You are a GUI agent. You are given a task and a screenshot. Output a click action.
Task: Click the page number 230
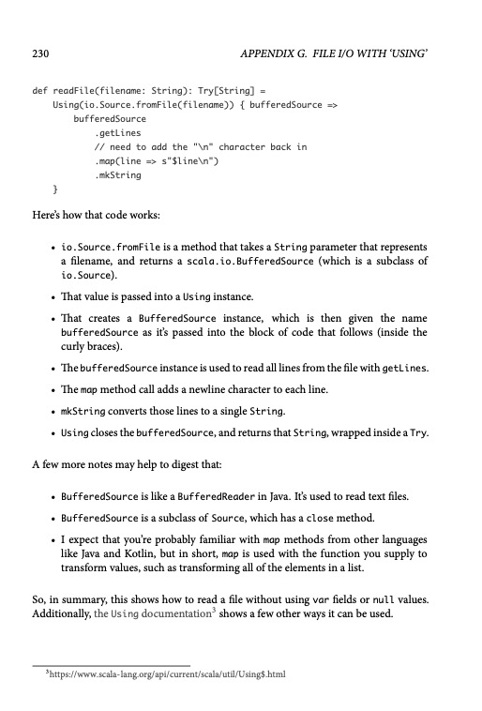click(40, 56)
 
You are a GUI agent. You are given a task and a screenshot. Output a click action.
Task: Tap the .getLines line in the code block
click(115, 134)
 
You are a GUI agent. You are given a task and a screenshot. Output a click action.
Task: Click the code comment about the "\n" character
click(201, 147)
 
